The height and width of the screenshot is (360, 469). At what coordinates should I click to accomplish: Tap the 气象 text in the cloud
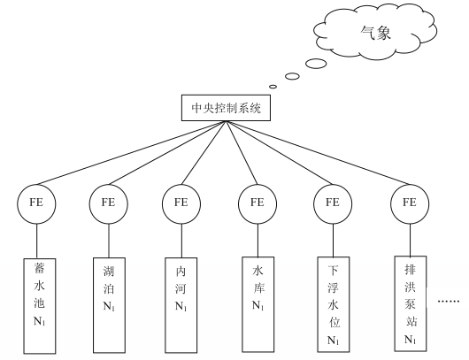click(x=376, y=33)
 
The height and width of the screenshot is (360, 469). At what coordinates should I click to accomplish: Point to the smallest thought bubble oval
click(x=273, y=87)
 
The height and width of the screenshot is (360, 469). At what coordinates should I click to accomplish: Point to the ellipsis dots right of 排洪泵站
click(x=449, y=301)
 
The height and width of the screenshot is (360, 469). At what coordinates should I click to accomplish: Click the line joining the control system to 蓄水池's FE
click(x=131, y=153)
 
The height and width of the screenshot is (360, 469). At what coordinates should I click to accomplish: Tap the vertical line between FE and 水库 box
click(x=258, y=240)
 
